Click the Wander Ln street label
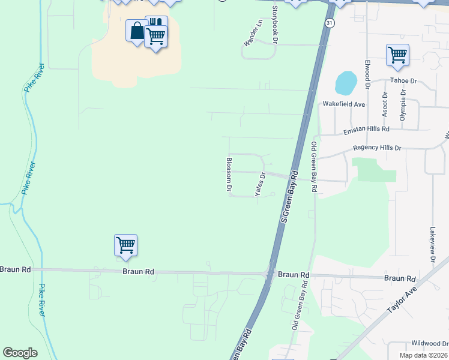coord(253,33)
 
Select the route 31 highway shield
coord(330,23)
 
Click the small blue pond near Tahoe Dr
coord(345,83)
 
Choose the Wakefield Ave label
coord(344,104)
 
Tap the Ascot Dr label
coord(385,104)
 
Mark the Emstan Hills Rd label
coord(366,130)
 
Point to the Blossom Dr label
coord(229,175)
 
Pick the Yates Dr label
coord(261,184)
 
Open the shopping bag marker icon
coord(137,30)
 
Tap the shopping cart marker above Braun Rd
coord(126,245)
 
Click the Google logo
coord(20,353)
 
